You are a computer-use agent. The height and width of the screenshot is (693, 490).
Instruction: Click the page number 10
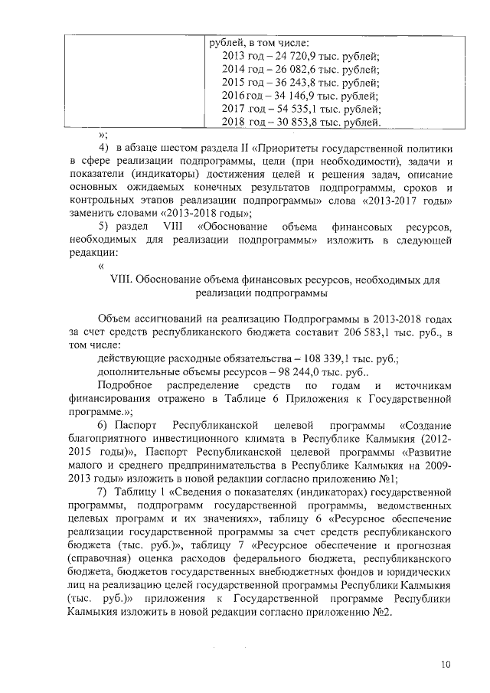tap(446, 663)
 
